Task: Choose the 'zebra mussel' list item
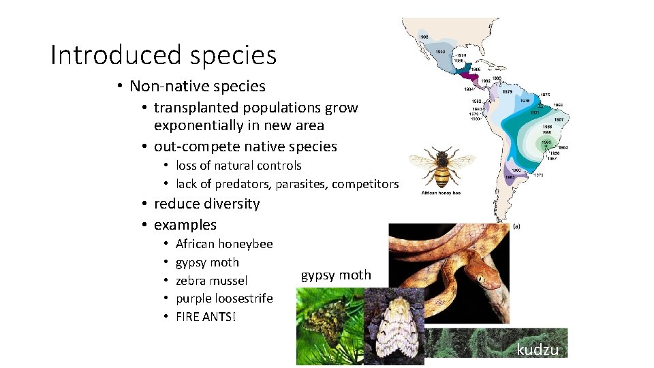coord(211,281)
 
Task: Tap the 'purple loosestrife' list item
coord(223,298)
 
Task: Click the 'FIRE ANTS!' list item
coord(205,317)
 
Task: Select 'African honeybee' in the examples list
coord(223,244)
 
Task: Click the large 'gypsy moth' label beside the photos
coord(336,275)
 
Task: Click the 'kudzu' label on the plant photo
coord(538,350)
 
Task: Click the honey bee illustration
coord(441,167)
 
